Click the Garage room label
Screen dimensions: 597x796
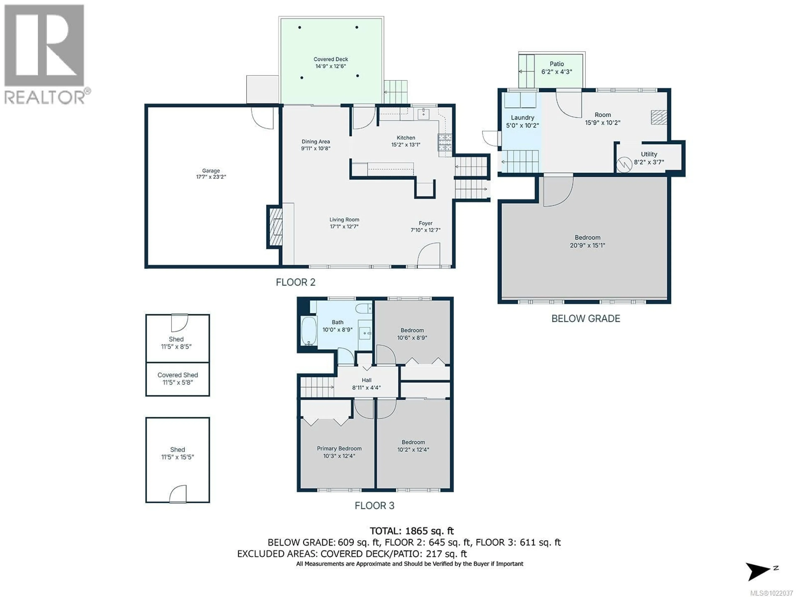pyautogui.click(x=211, y=171)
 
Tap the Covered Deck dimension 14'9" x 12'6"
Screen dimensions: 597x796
pyautogui.click(x=330, y=66)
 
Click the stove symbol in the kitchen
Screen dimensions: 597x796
pyautogui.click(x=445, y=142)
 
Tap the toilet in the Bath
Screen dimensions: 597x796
pyautogui.click(x=363, y=308)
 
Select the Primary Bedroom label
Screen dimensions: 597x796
pyautogui.click(x=339, y=448)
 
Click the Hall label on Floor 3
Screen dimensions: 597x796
pyautogui.click(x=366, y=380)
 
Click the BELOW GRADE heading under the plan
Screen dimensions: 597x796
pyautogui.click(x=585, y=318)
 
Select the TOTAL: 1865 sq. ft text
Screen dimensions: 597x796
pyautogui.click(x=412, y=531)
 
